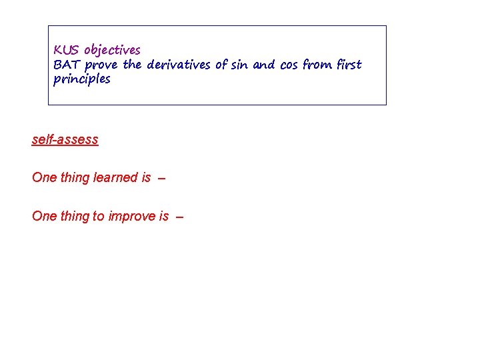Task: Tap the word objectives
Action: (x=112, y=51)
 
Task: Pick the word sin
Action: (x=239, y=65)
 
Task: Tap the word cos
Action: (x=288, y=65)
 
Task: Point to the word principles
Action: (x=81, y=79)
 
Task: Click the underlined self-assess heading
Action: (x=65, y=139)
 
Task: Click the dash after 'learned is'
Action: (x=162, y=178)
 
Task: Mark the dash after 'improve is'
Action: (x=178, y=217)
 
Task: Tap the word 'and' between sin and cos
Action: (x=264, y=65)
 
